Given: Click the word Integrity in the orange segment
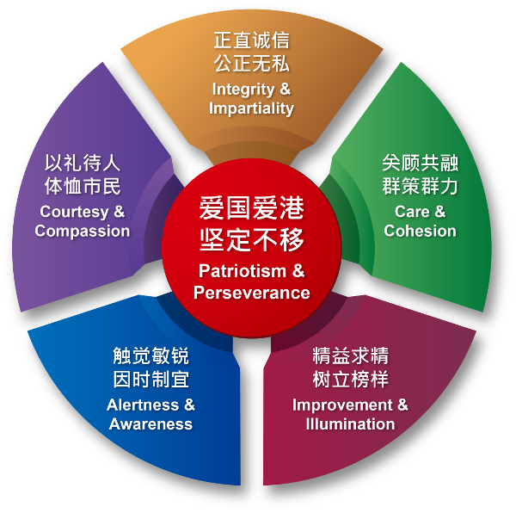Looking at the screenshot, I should [x=244, y=90].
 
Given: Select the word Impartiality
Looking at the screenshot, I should [x=251, y=108].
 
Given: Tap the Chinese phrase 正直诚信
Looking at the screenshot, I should [x=251, y=40].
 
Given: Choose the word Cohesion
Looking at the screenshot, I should [x=420, y=231].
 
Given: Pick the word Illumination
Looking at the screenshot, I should [x=350, y=423].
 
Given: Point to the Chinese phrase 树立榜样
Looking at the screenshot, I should [x=350, y=379].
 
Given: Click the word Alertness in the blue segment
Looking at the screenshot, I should [x=144, y=405].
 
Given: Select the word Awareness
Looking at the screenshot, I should [x=150, y=423].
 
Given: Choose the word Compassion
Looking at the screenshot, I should [x=83, y=231].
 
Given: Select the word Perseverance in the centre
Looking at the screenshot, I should [x=251, y=293].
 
